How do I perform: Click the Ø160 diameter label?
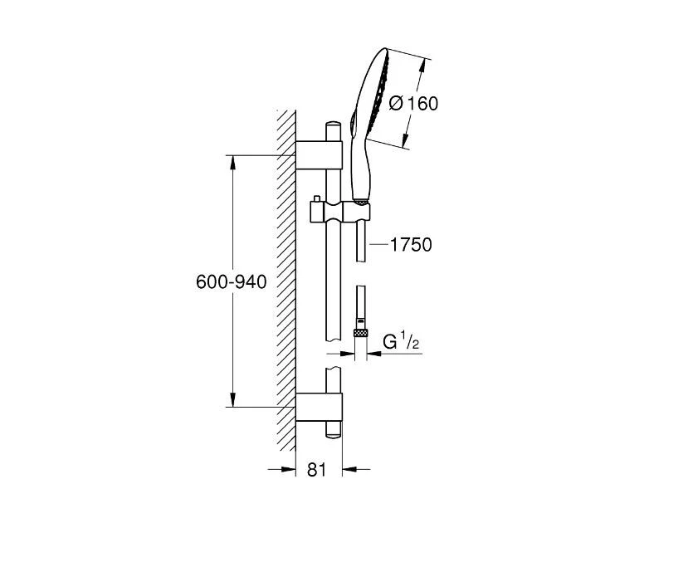(x=412, y=104)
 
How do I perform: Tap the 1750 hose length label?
(x=411, y=245)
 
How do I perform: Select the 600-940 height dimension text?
(x=231, y=282)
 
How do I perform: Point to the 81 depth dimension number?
(x=316, y=470)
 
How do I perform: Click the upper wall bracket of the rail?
(x=319, y=154)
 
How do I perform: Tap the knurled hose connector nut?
(x=360, y=333)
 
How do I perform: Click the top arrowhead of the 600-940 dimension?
(x=232, y=160)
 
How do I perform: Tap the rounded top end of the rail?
(x=333, y=125)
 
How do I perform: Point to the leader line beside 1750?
(x=378, y=245)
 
